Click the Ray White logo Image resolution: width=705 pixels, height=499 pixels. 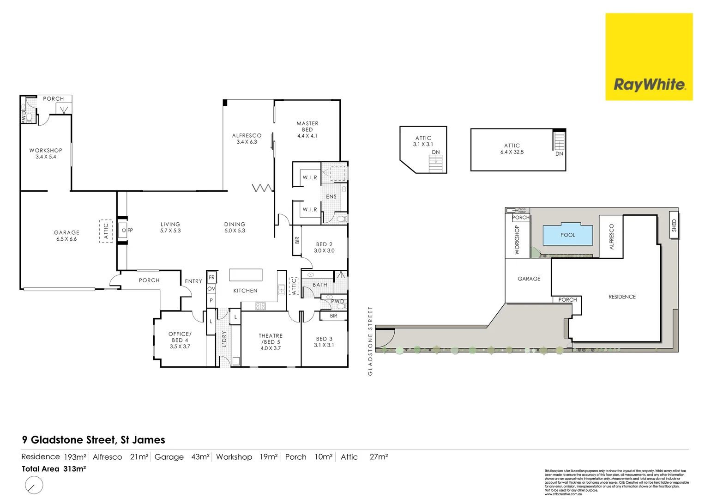(649, 57)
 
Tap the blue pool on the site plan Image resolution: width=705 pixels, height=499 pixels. (567, 235)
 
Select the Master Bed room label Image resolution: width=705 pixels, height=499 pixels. (307, 130)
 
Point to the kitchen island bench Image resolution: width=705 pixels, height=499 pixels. (246, 275)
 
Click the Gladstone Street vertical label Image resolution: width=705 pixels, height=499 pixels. (370, 341)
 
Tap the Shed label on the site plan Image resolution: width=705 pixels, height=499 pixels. (674, 225)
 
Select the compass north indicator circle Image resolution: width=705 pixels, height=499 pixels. (34, 485)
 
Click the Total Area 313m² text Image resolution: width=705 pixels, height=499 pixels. (54, 469)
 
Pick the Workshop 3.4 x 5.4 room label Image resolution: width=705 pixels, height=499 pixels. (46, 153)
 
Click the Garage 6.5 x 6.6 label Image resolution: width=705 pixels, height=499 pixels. (66, 236)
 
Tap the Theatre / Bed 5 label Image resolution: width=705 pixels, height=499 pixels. (271, 342)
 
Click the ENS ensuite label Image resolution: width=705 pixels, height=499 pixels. (331, 197)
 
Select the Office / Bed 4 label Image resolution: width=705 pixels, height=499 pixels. (180, 340)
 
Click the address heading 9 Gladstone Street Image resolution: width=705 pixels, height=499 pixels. (93, 440)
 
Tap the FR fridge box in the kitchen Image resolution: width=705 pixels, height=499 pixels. (211, 278)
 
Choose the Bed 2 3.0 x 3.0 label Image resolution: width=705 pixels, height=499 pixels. (324, 248)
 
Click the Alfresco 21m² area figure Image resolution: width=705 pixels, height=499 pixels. (139, 457)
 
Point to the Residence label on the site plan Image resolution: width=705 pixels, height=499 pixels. (622, 297)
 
